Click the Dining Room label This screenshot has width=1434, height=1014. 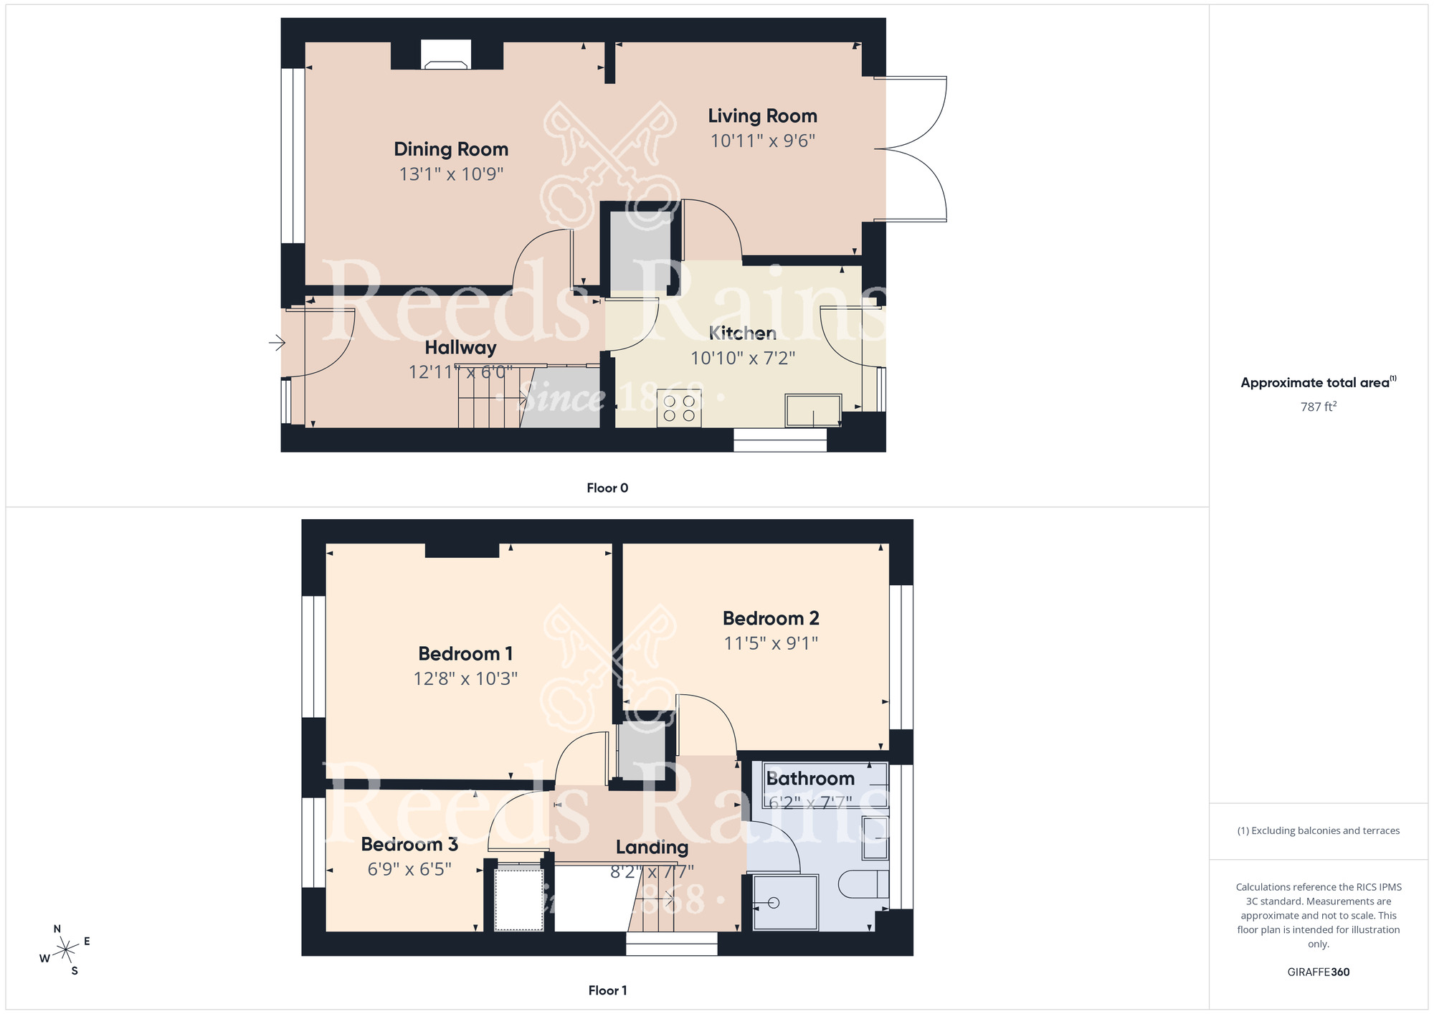tap(451, 149)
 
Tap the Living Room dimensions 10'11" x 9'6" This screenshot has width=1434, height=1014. tap(762, 141)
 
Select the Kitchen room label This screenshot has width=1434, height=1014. tap(743, 333)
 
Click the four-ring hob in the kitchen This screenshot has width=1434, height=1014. tap(679, 408)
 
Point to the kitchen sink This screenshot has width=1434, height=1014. tap(813, 409)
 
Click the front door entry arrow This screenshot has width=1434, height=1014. tap(277, 343)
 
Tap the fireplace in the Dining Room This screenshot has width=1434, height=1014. tap(445, 56)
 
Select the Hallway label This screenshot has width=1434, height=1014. tap(460, 348)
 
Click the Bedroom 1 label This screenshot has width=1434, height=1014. tap(465, 653)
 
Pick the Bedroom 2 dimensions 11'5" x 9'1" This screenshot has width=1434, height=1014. tap(771, 643)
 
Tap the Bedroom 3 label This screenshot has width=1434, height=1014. tap(409, 844)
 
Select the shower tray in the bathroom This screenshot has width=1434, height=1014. tap(785, 902)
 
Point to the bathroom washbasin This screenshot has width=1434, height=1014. tap(875, 837)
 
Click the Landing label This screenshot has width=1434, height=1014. tap(652, 848)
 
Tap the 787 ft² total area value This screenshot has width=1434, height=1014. tap(1318, 407)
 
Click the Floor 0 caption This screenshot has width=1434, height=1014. tap(607, 488)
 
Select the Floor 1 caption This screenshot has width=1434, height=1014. tap(607, 990)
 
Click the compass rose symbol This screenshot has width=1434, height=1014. tap(66, 951)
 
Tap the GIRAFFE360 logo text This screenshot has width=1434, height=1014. tap(1318, 972)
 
